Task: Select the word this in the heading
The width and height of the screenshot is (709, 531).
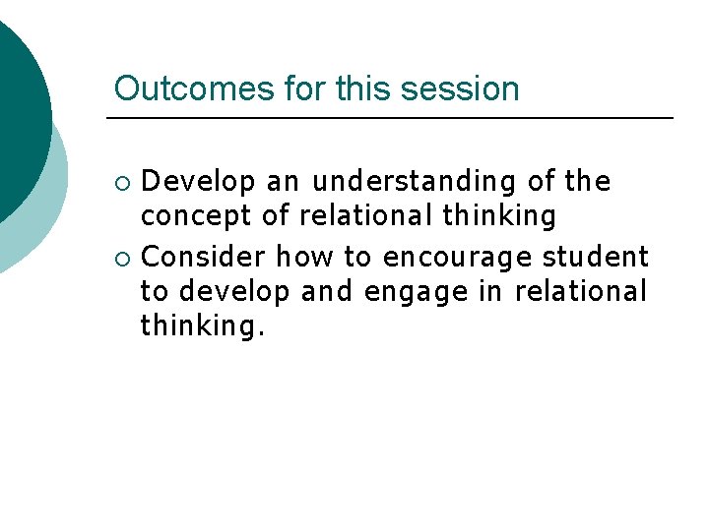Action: (x=364, y=88)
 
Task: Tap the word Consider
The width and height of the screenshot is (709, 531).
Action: (x=204, y=258)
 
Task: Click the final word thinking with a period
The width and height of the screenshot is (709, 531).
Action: (x=203, y=324)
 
